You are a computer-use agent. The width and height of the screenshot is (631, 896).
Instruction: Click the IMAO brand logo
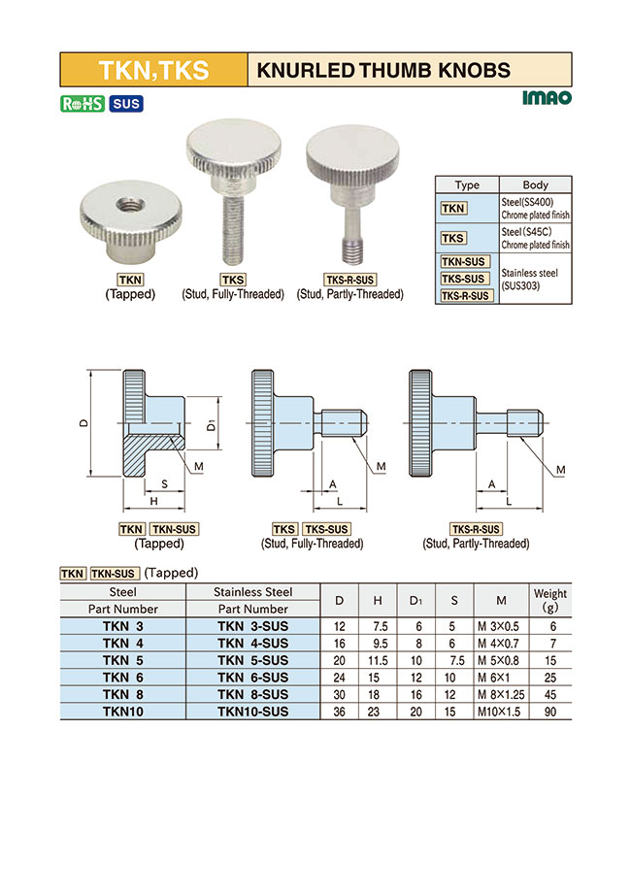pyautogui.click(x=547, y=97)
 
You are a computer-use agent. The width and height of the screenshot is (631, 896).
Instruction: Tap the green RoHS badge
pyautogui.click(x=83, y=104)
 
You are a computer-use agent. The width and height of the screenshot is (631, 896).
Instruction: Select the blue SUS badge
pyautogui.click(x=125, y=104)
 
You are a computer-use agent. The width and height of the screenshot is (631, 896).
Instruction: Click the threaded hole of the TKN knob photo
pyautogui.click(x=125, y=204)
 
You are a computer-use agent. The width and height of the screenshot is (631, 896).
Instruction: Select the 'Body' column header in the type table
pyautogui.click(x=535, y=184)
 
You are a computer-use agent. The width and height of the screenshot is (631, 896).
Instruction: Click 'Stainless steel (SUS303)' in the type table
pyautogui.click(x=535, y=279)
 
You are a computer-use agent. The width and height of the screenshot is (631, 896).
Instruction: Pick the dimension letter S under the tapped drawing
pyautogui.click(x=164, y=482)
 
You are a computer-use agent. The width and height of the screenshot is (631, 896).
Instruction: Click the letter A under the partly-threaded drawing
pyautogui.click(x=491, y=482)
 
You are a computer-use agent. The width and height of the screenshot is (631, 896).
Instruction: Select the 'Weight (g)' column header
pyautogui.click(x=550, y=600)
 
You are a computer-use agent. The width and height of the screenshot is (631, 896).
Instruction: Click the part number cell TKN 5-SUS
pyautogui.click(x=252, y=659)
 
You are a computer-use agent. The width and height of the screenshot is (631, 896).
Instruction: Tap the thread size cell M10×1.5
pyautogui.click(x=501, y=712)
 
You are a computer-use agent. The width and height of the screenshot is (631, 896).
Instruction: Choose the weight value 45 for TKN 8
pyautogui.click(x=550, y=694)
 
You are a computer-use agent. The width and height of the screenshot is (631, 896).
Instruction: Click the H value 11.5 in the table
pyautogui.click(x=379, y=659)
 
